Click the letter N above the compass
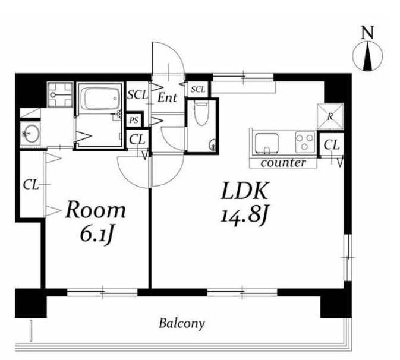[x=367, y=33]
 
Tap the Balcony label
[x=182, y=323]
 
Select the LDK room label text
[x=245, y=191]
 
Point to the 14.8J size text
[x=244, y=217]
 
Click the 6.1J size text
[x=96, y=235]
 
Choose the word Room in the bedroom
[x=96, y=210]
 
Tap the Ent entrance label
[x=168, y=97]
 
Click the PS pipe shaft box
[x=134, y=120]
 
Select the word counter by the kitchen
[x=283, y=163]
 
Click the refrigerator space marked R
[x=330, y=116]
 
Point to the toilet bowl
[x=200, y=113]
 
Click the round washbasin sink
[x=30, y=134]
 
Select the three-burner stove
[x=305, y=142]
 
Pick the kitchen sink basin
[x=267, y=144]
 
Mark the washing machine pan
[x=60, y=94]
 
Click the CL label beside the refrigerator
[x=332, y=145]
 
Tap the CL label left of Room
[x=31, y=185]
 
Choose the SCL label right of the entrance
[x=198, y=89]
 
